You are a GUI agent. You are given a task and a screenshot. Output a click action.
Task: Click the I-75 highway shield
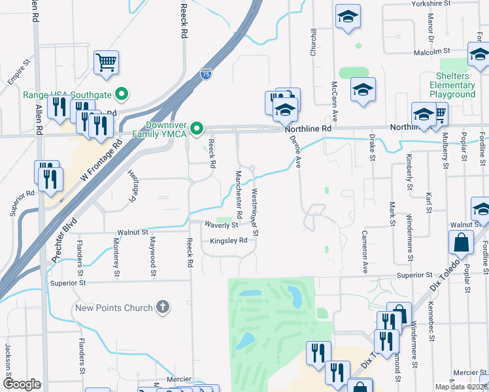point(206,74)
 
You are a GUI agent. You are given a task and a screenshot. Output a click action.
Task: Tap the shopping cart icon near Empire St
point(106,63)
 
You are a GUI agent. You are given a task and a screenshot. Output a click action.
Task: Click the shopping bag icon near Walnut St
point(461,242)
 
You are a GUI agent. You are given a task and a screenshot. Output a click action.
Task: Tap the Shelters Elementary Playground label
point(452,85)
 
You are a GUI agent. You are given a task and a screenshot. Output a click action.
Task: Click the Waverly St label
point(220,225)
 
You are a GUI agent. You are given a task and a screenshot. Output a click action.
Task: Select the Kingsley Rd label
point(228,240)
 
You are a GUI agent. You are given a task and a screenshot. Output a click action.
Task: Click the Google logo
point(22,384)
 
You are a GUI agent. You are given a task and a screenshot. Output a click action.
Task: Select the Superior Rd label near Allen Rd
point(22,194)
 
